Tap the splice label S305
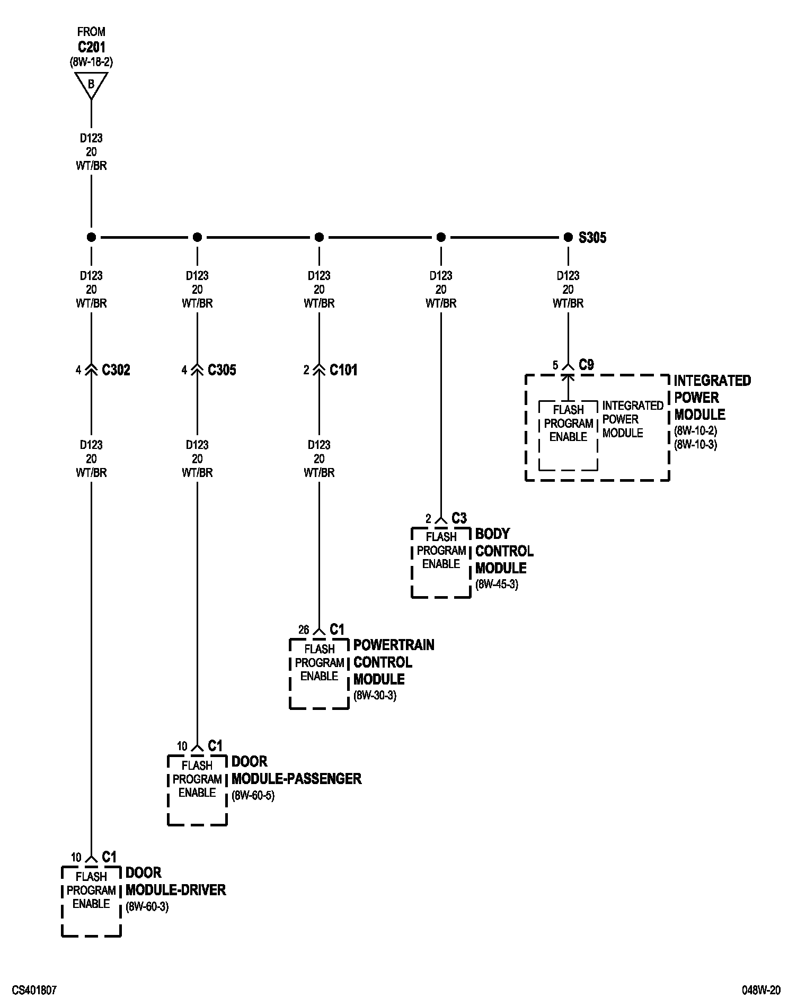[x=592, y=238]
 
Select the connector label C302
[x=116, y=370]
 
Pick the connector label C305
[x=222, y=370]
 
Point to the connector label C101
[x=343, y=370]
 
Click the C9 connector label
[x=586, y=365]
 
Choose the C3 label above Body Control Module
[x=459, y=518]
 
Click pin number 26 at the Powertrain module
[x=304, y=630]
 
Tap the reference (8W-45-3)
[x=497, y=585]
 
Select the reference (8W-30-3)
[x=375, y=696]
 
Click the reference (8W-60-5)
[x=253, y=796]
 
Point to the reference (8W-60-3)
[x=147, y=907]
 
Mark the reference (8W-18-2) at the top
[x=91, y=62]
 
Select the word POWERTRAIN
[x=394, y=645]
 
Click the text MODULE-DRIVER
[x=175, y=890]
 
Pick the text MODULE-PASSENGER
[x=296, y=779]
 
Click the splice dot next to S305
[x=568, y=237]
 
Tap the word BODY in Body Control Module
[x=492, y=534]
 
